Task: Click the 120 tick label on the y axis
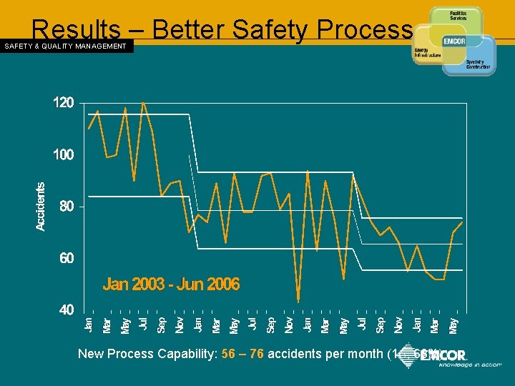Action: [x=64, y=103]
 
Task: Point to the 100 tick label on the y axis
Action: [x=64, y=154]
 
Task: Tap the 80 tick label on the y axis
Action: [x=66, y=207]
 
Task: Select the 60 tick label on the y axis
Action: [x=66, y=258]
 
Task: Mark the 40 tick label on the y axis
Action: [x=66, y=310]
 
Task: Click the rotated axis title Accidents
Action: [x=41, y=206]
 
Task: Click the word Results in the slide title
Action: [x=76, y=29]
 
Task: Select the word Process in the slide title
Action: [x=363, y=29]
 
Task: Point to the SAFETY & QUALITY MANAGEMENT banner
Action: [x=66, y=46]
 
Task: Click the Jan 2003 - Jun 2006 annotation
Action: [x=171, y=284]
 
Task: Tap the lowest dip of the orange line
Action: [x=298, y=302]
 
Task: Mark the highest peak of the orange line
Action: [x=144, y=102]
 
